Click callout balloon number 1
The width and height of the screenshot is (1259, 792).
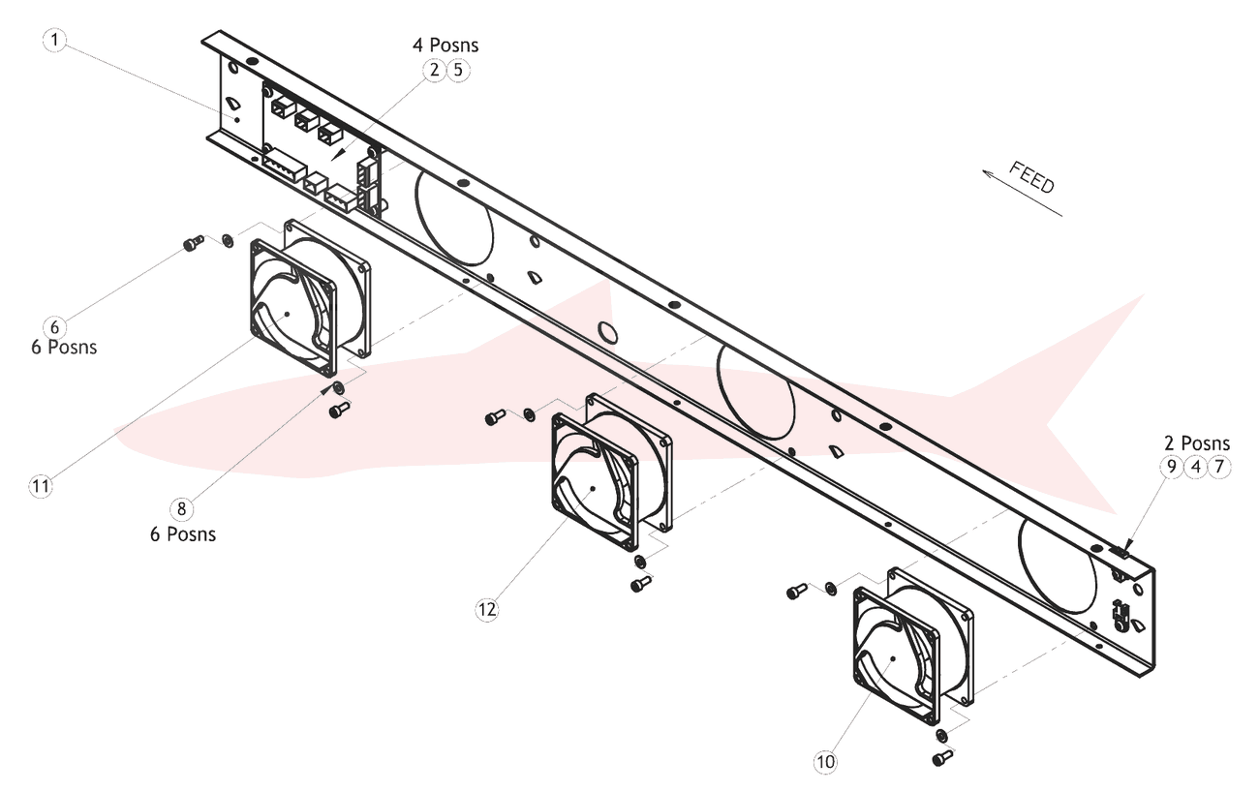(x=54, y=40)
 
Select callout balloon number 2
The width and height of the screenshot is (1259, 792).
(x=434, y=71)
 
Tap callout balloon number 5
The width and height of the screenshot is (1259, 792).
(x=458, y=71)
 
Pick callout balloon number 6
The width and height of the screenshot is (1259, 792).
(x=54, y=326)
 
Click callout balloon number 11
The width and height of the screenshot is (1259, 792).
(x=41, y=486)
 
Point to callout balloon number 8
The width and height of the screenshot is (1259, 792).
(x=181, y=508)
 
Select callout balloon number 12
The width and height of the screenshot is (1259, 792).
(x=487, y=609)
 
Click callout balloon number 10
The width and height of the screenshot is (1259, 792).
(x=825, y=762)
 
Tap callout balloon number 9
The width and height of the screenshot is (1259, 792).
(x=1171, y=467)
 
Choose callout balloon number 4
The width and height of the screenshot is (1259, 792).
(x=1195, y=467)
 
